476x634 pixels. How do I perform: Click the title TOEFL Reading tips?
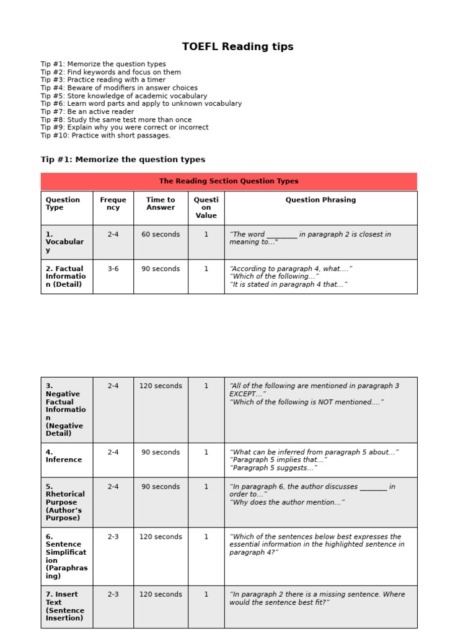(x=237, y=47)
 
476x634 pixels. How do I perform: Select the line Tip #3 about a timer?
(x=104, y=80)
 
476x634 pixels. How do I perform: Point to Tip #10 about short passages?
(x=105, y=135)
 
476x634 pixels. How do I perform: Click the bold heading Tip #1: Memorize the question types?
(x=123, y=160)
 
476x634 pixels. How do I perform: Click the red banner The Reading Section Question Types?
(x=229, y=181)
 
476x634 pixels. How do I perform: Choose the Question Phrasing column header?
(x=320, y=200)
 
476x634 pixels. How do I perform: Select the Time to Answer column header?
(x=161, y=204)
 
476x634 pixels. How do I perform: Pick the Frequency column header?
(x=113, y=204)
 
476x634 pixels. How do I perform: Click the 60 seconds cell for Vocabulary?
(x=161, y=235)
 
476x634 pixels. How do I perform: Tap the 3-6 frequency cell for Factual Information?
(x=113, y=269)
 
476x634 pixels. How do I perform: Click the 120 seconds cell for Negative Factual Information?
(x=161, y=386)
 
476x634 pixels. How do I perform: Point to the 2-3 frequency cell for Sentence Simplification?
(x=113, y=537)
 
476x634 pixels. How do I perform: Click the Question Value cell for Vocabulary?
(x=206, y=235)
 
